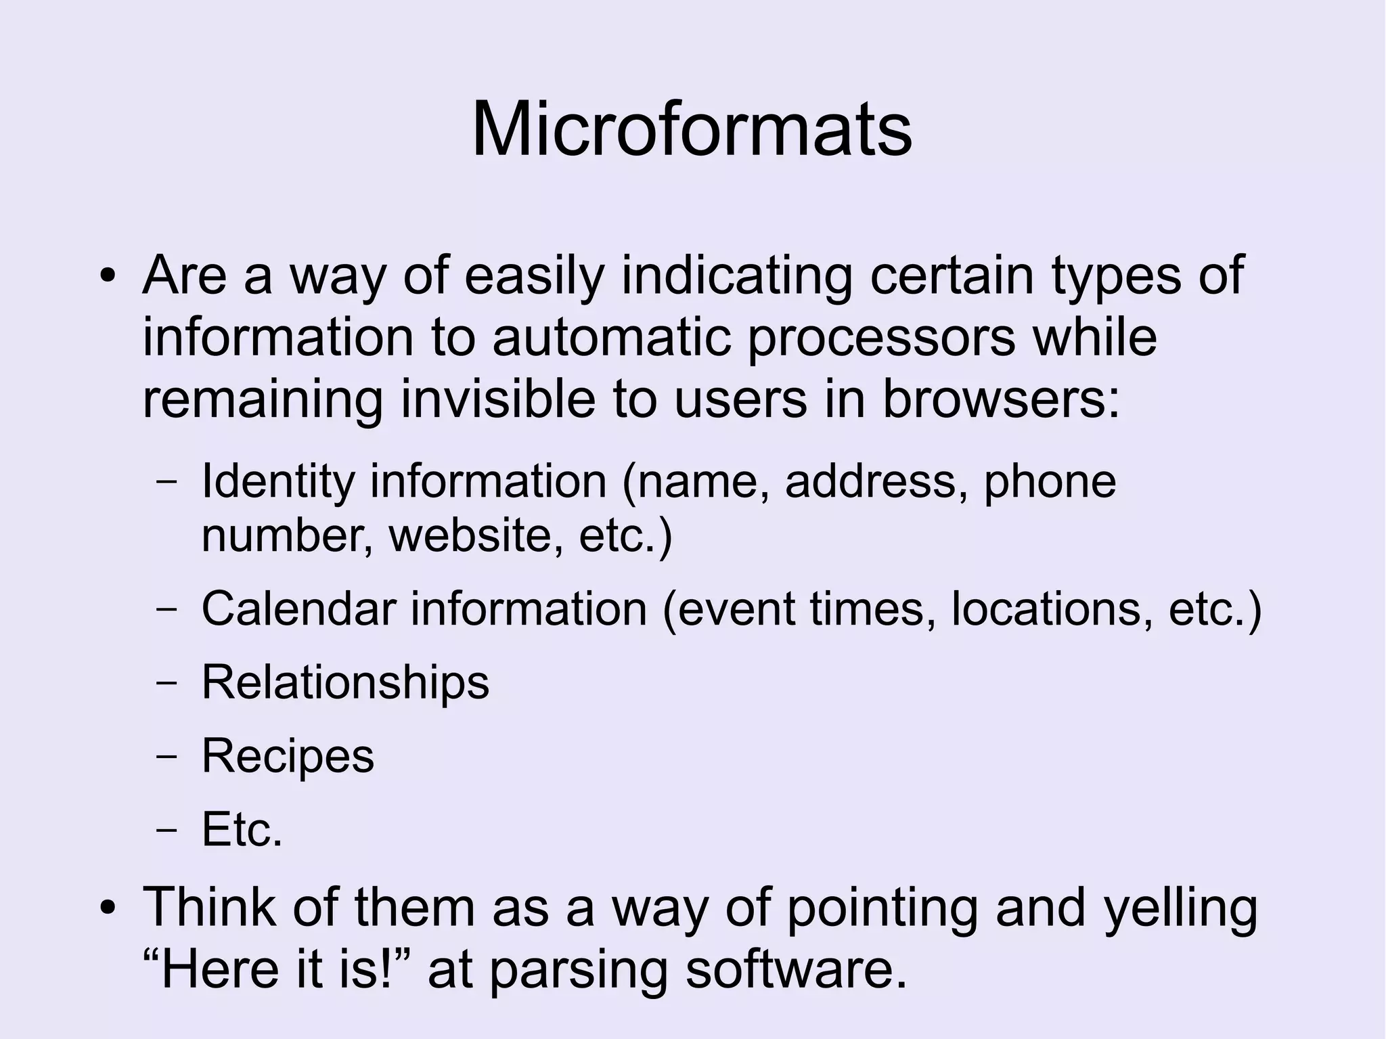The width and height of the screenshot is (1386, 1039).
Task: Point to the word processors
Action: (x=881, y=338)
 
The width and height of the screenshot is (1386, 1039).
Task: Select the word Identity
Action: (x=278, y=482)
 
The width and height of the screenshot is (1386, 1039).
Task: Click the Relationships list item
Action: (x=345, y=682)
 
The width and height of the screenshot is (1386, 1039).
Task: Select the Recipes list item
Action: (x=288, y=756)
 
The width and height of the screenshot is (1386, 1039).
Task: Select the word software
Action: (x=796, y=969)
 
